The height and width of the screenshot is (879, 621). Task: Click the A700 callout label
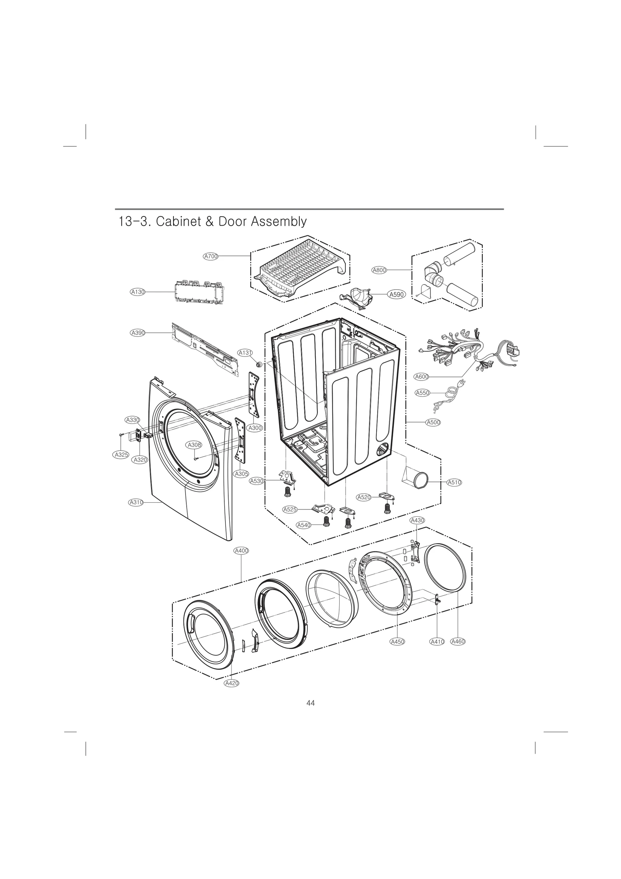211,256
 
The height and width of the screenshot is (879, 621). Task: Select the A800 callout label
379,270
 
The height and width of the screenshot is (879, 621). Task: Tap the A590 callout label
397,295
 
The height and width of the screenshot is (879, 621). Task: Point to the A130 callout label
137,292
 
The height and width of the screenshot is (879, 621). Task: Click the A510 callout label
454,483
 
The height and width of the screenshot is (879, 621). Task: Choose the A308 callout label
194,445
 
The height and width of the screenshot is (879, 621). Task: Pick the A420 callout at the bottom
231,683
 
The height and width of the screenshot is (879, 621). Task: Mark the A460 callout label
458,642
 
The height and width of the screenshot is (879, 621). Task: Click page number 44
310,703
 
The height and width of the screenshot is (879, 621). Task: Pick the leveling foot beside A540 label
326,521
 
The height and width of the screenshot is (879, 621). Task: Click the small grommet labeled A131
259,365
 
